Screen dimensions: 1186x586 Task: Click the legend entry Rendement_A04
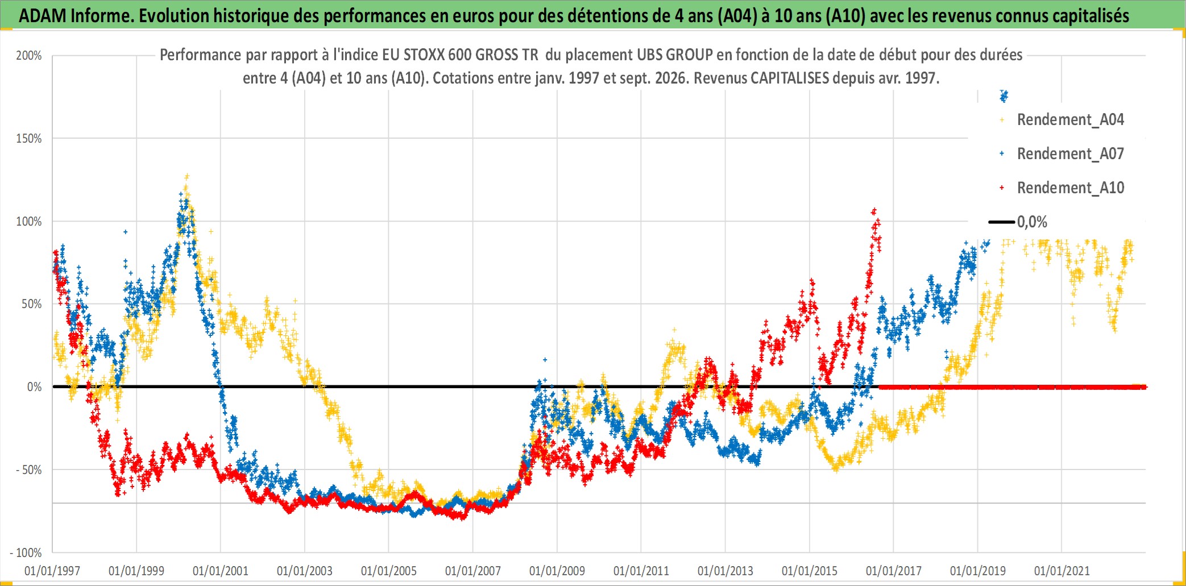1070,120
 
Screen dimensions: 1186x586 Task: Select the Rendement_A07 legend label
1070,154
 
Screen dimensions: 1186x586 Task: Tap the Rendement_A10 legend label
1070,188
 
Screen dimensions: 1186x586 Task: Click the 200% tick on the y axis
29,56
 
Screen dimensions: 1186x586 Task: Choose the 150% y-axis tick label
29,139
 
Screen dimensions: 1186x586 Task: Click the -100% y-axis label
26,553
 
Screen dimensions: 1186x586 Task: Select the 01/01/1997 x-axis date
52,571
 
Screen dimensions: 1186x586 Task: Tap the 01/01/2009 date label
557,571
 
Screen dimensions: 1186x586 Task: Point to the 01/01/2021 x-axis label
1062,571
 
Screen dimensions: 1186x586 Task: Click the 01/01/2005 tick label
389,571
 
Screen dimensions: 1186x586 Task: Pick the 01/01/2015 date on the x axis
810,571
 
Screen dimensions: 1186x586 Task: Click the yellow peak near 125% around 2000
186,177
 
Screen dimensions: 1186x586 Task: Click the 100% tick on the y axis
29,222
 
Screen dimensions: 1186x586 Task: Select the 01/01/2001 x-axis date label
221,571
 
